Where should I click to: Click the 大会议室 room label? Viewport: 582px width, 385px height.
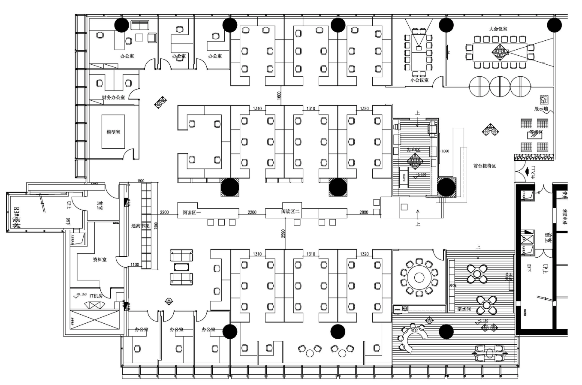tap(498, 29)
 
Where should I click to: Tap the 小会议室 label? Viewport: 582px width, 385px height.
tap(419, 80)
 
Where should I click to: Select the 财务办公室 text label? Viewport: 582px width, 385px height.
tap(113, 98)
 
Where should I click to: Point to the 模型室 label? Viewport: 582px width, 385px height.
tap(113, 132)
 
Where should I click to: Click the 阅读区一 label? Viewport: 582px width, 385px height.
tap(192, 212)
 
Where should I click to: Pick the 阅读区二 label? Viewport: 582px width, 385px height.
tap(290, 212)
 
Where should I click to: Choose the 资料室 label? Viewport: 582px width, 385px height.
tap(100, 259)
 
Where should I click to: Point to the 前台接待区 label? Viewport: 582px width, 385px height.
tap(484, 165)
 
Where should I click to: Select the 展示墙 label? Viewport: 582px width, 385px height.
tap(541, 109)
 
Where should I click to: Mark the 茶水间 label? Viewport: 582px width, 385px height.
tap(464, 309)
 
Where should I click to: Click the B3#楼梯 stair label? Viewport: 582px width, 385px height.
tap(16, 218)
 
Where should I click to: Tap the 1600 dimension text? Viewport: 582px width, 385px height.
tap(279, 95)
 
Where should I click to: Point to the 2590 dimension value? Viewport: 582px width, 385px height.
tap(283, 234)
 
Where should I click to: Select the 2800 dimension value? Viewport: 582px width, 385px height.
tap(363, 212)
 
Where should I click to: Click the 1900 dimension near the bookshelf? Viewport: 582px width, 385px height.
tap(140, 181)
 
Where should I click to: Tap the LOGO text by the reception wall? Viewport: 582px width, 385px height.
tap(445, 151)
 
